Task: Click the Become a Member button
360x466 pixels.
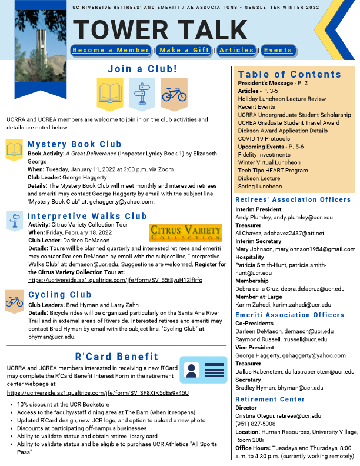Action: pyautogui.click(x=111, y=50)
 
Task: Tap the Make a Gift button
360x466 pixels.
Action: pyautogui.click(x=185, y=50)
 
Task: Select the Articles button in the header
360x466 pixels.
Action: pyautogui.click(x=236, y=50)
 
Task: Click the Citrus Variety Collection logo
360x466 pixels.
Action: pyautogui.click(x=186, y=232)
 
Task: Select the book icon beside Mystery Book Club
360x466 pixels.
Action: pyautogui.click(x=14, y=149)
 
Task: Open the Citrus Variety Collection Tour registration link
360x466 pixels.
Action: pyautogui.click(x=115, y=281)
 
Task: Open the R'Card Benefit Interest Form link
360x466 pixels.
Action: pyautogui.click(x=98, y=392)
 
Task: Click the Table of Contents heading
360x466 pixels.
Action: pyautogui.click(x=289, y=74)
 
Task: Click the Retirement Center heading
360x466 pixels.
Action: pyautogui.click(x=270, y=399)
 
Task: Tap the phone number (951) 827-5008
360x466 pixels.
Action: pyautogui.click(x=255, y=424)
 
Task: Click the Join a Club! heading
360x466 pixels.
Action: pyautogui.click(x=142, y=69)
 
